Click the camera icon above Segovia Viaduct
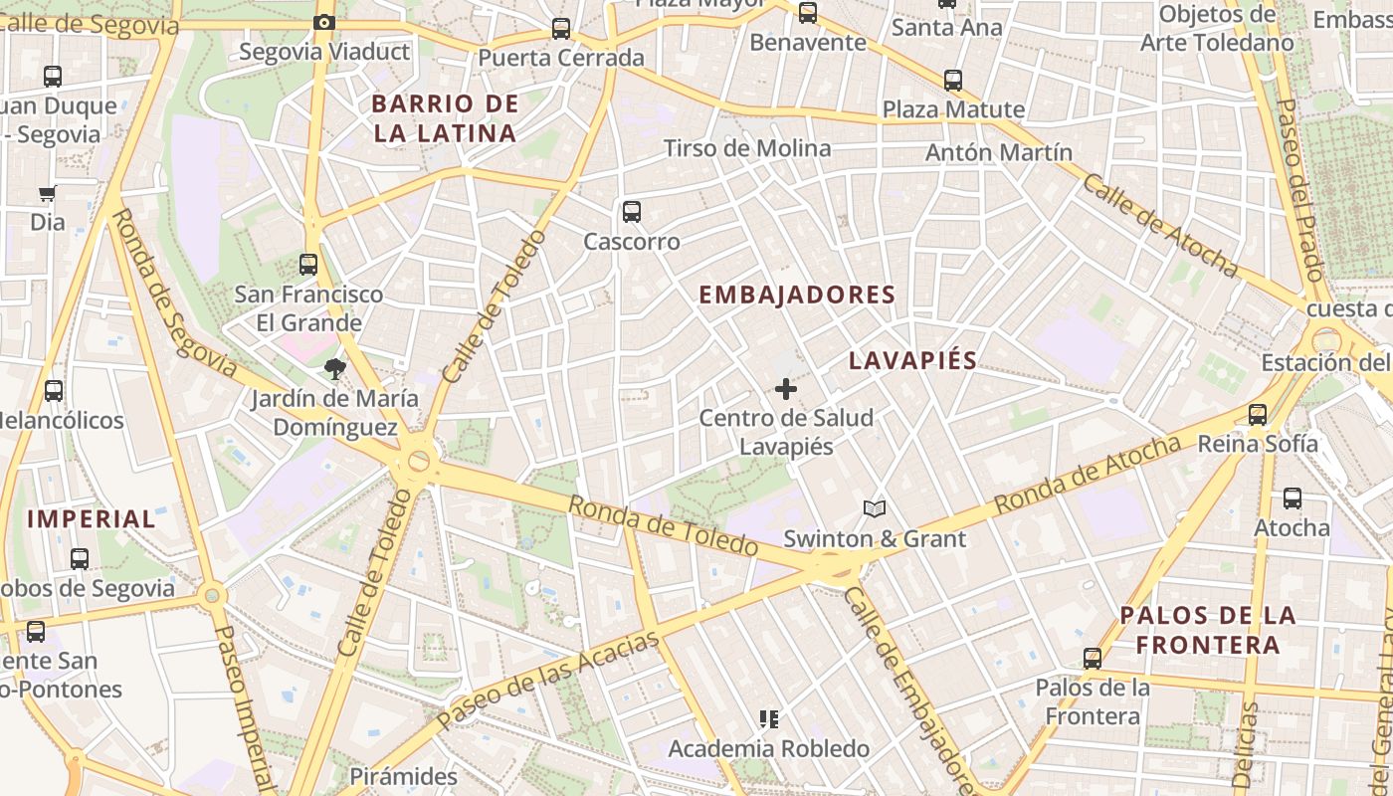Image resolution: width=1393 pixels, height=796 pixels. (x=323, y=22)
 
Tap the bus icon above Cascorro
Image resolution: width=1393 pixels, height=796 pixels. (x=632, y=211)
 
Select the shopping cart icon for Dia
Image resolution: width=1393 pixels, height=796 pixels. (x=47, y=193)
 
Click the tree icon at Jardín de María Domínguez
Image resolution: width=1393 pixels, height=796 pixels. (x=334, y=369)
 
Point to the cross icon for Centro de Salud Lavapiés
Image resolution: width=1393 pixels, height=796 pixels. (x=786, y=388)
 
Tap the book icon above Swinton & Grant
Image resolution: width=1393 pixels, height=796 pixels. (x=875, y=509)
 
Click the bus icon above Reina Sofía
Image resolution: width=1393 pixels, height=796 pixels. (x=1258, y=414)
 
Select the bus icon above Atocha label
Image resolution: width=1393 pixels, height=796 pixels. (x=1292, y=497)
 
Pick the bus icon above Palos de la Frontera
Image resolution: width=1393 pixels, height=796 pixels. (x=1093, y=658)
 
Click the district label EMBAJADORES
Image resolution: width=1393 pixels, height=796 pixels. (x=797, y=296)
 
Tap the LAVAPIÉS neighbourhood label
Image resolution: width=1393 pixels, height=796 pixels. (x=912, y=361)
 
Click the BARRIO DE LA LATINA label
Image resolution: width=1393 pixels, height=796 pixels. (x=445, y=118)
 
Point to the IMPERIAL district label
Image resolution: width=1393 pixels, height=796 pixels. (x=92, y=518)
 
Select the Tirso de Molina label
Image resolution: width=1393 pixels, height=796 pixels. (x=746, y=148)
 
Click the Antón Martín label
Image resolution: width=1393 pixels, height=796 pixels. (x=998, y=152)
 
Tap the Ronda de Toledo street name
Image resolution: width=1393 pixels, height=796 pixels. (x=663, y=525)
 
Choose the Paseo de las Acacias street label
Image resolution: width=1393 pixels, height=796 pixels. (x=548, y=677)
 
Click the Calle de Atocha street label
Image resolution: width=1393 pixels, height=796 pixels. (x=1160, y=226)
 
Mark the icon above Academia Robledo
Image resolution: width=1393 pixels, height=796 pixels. (x=768, y=717)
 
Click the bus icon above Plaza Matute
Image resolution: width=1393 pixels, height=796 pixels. (x=953, y=80)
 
